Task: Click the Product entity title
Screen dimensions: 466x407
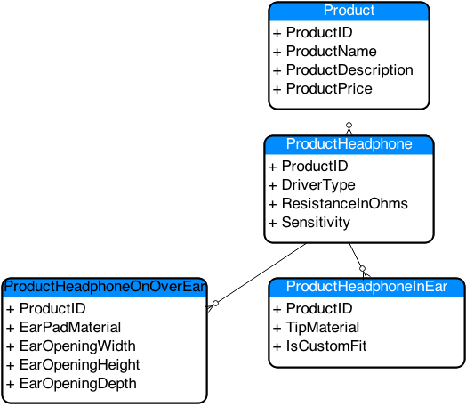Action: point(349,10)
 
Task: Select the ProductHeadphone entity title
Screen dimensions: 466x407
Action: point(349,144)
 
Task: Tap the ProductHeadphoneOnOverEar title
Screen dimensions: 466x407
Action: point(104,287)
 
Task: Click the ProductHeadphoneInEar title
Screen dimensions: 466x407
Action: point(366,287)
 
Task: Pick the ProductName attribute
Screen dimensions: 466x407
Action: point(332,51)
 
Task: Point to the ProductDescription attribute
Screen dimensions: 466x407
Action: point(349,70)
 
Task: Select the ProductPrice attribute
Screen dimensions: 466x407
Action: point(329,89)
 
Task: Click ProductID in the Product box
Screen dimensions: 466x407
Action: point(319,32)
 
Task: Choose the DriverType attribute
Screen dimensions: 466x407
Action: point(318,185)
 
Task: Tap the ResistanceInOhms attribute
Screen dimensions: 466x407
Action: point(345,203)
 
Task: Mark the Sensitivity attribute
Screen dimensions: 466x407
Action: point(316,223)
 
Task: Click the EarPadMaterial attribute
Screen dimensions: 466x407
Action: point(70,327)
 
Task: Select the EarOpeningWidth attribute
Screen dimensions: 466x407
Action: point(77,346)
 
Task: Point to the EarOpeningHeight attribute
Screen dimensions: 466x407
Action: point(80,365)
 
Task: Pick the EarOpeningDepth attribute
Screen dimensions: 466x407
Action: point(78,384)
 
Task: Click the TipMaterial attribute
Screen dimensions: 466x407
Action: point(323,327)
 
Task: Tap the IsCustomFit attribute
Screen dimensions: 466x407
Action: point(326,346)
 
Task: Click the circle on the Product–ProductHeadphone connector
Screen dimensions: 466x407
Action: point(349,125)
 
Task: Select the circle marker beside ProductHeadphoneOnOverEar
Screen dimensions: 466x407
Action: point(216,303)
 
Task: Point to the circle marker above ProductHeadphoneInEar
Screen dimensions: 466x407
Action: point(362,269)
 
